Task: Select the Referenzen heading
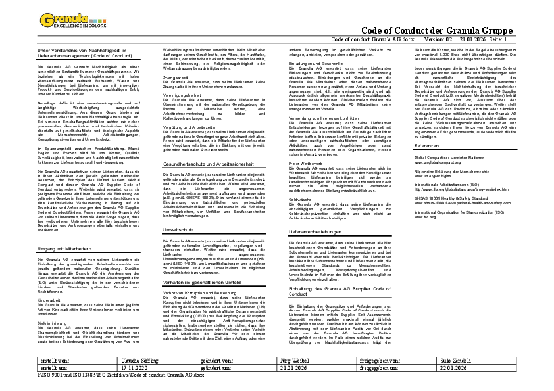[x=426, y=164]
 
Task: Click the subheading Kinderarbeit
[x=49, y=300]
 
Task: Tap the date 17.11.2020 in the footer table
[x=136, y=369]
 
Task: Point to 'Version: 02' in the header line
[x=442, y=39]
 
